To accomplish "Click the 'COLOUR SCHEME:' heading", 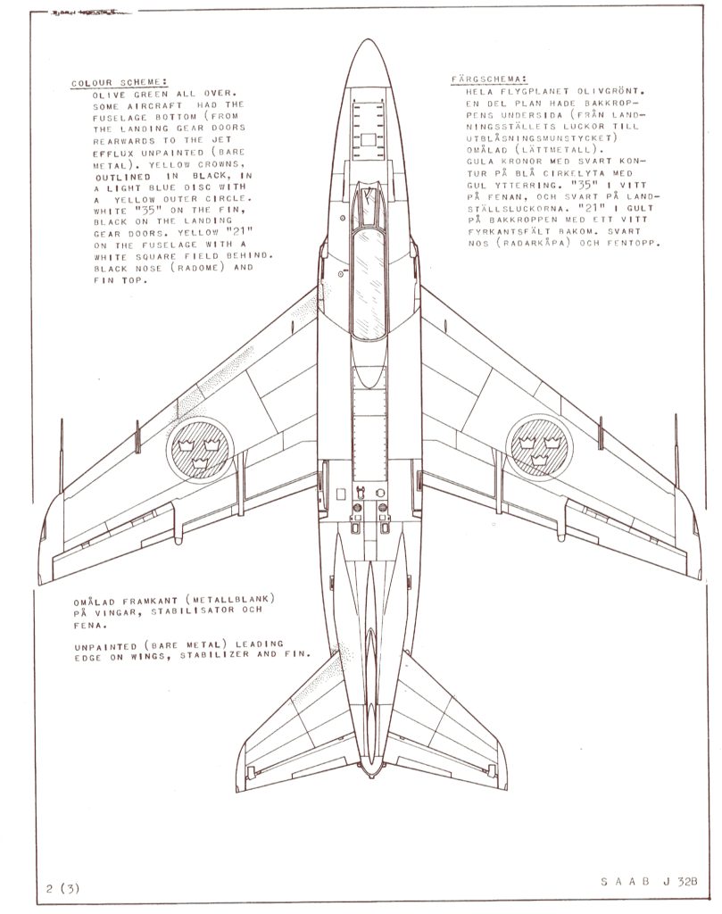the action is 119,83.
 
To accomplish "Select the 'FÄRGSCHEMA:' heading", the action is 489,79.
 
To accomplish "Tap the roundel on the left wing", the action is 200,451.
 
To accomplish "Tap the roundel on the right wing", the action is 539,448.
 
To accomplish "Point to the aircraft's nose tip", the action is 369,39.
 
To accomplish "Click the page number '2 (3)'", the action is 62,888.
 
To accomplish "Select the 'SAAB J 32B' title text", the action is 649,881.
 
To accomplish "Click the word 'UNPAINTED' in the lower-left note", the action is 97,647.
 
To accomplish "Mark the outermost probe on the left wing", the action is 62,455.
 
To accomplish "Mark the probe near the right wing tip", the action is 676,451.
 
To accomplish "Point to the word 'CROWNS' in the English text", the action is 219,164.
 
